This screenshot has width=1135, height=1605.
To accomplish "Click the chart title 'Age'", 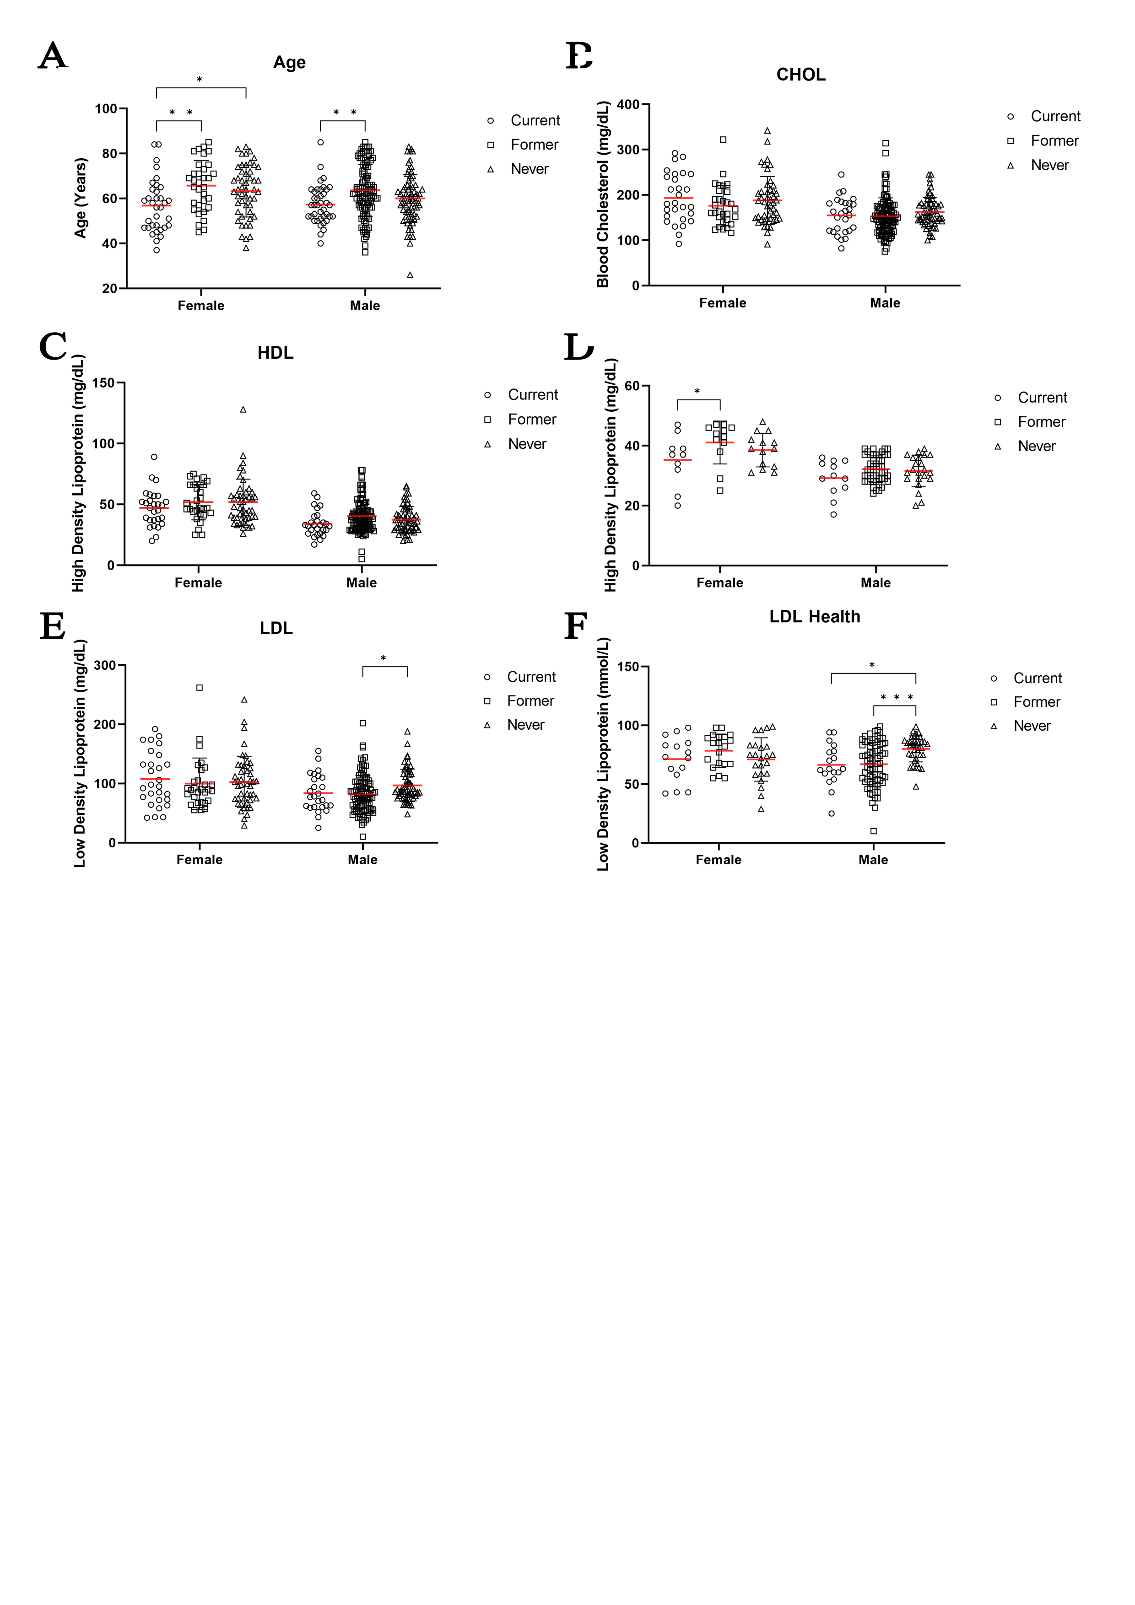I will tap(289, 63).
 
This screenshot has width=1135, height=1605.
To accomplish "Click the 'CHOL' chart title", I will tap(801, 75).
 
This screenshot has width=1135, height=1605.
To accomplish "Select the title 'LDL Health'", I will tap(814, 617).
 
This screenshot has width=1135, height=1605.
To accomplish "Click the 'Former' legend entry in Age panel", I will tap(534, 145).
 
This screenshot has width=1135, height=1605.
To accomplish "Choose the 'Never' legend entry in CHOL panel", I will tap(1049, 166).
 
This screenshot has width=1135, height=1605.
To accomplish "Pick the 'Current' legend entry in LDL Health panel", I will tap(1037, 678).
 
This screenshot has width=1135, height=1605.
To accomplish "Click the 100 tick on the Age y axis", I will tap(106, 109).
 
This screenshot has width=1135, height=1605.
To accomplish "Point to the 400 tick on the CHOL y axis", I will tap(627, 105).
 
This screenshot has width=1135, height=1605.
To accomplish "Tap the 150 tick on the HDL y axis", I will tap(103, 383).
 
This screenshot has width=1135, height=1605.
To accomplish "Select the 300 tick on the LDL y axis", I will tap(105, 666).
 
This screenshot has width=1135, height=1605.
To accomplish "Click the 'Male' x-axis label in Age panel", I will tap(364, 306).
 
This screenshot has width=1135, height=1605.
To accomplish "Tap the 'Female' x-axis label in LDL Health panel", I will tap(718, 860).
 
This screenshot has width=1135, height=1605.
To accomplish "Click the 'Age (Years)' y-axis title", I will tap(81, 198).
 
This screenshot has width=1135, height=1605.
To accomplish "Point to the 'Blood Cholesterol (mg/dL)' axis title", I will tap(603, 194).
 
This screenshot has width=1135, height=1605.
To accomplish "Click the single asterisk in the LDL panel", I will tap(383, 658).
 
